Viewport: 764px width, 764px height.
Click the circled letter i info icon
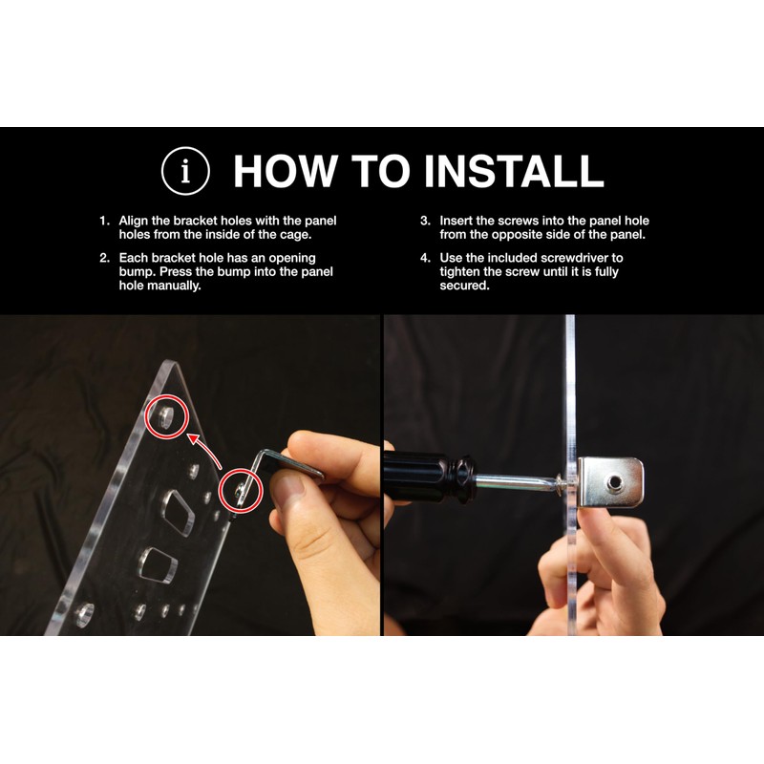point(185,171)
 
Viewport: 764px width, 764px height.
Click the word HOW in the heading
point(285,171)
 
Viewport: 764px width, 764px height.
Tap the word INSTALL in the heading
point(514,171)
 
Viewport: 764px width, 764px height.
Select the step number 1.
point(104,221)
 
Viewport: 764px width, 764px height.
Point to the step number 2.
point(104,258)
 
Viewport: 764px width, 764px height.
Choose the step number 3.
point(425,221)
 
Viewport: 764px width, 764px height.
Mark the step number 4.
point(425,258)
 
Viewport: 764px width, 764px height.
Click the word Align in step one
point(134,222)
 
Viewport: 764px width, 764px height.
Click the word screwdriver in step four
point(574,258)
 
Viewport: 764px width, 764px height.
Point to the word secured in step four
point(464,286)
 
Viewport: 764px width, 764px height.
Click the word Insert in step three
point(456,221)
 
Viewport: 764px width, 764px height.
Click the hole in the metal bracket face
point(614,482)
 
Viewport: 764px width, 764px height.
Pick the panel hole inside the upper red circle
point(165,417)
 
